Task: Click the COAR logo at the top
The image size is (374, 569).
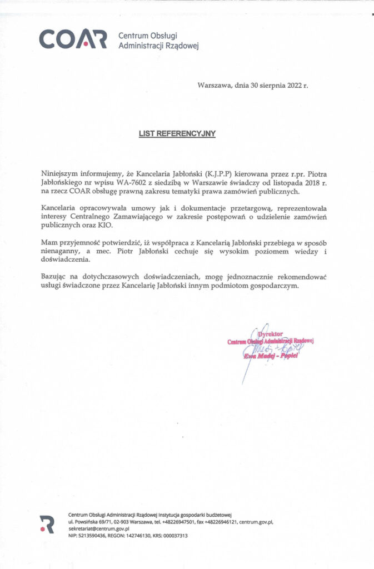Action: click(x=72, y=39)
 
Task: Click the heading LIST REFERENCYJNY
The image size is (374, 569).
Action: click(x=177, y=133)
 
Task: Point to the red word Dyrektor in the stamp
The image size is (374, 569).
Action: click(x=270, y=334)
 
